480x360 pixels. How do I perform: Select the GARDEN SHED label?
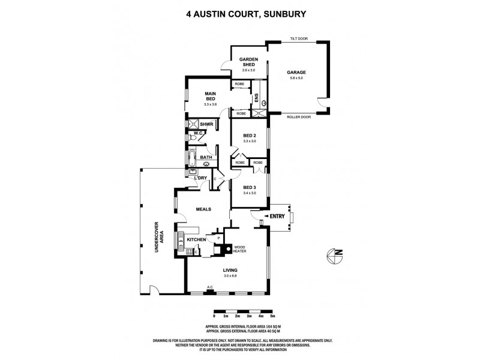coord(248,62)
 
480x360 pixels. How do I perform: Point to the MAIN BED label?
coord(210,95)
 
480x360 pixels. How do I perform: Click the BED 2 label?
coord(250,136)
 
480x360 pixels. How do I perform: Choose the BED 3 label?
coord(250,188)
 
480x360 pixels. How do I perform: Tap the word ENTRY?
coord(277,216)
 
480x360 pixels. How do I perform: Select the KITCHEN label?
coord(196,239)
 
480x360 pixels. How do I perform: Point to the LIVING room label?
coord(231,270)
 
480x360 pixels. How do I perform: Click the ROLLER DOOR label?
coord(298,118)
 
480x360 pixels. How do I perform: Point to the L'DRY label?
coord(200,178)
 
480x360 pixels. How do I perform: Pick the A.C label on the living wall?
coord(209,288)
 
